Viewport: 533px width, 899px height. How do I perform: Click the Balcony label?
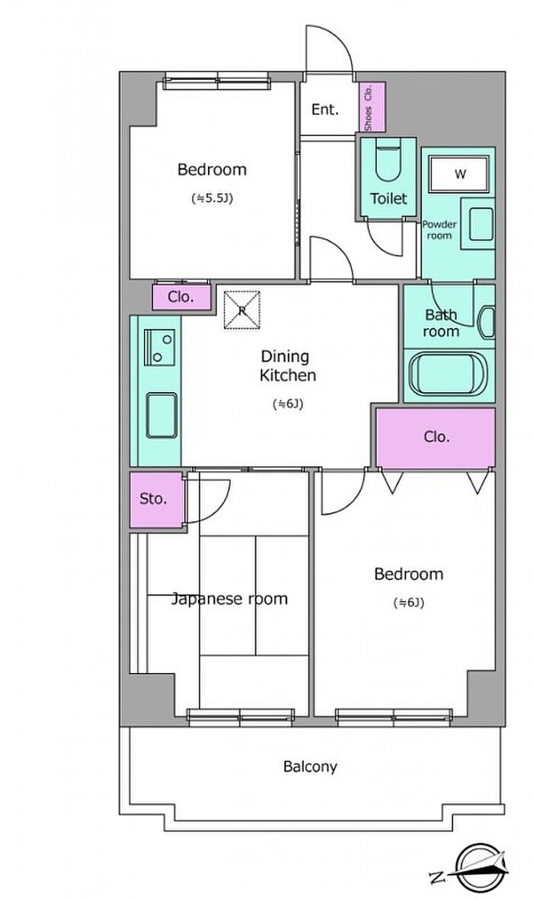click(310, 767)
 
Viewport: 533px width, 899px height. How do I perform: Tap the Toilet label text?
click(388, 199)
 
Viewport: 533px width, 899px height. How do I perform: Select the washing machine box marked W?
click(459, 174)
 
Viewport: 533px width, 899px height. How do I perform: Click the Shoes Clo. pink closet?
click(372, 107)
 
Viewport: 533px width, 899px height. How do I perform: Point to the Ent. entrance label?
click(324, 110)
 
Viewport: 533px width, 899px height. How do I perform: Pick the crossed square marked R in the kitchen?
click(241, 310)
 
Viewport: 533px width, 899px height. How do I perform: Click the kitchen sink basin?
click(161, 415)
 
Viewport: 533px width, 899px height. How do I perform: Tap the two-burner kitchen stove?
click(159, 347)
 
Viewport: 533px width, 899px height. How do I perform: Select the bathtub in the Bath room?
click(448, 374)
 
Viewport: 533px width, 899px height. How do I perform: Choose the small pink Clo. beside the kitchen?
click(181, 298)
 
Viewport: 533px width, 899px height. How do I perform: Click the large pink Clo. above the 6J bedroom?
click(436, 437)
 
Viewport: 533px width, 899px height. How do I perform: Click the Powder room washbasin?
click(480, 224)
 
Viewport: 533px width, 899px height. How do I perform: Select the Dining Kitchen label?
click(288, 366)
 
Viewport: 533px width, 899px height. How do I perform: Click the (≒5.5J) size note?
click(212, 199)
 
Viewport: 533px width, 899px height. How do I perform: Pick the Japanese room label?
click(229, 599)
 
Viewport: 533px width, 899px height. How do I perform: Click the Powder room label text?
click(439, 229)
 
